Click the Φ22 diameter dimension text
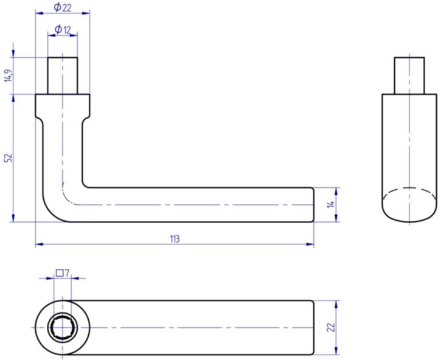(x=62, y=7)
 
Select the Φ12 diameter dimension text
(x=63, y=29)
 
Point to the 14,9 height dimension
(x=7, y=75)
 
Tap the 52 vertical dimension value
(x=8, y=157)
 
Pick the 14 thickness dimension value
(x=331, y=204)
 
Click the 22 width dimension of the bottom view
(x=331, y=327)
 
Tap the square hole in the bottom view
(x=62, y=328)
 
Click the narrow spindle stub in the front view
(x=63, y=75)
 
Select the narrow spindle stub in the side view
(x=409, y=75)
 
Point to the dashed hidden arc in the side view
(x=409, y=190)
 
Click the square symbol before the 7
(x=59, y=273)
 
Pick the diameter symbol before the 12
(x=58, y=29)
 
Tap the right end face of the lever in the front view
(x=313, y=205)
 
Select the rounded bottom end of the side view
(x=409, y=216)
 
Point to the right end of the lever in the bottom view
(x=313, y=327)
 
